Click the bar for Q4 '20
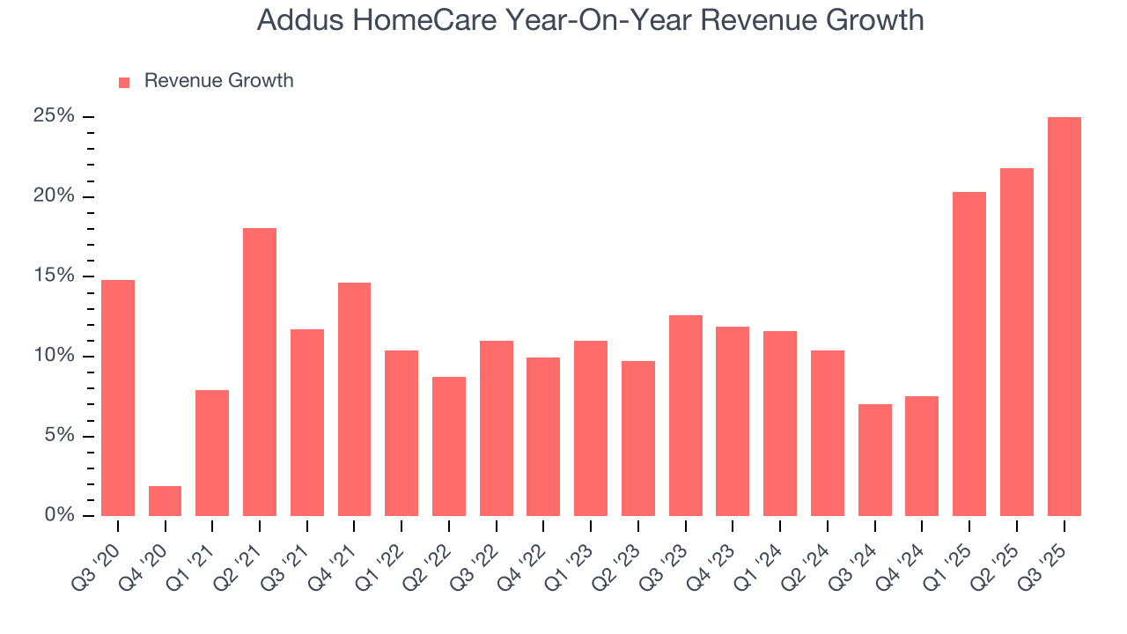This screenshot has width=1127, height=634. click(165, 501)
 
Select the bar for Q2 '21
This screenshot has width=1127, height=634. click(260, 372)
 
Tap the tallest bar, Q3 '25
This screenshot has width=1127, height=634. click(1064, 316)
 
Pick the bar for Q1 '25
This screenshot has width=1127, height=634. click(969, 354)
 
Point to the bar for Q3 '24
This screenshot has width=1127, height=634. click(874, 460)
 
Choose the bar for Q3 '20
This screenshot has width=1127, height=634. click(118, 398)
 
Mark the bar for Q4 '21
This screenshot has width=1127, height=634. click(354, 399)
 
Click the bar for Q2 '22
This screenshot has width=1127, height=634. click(449, 446)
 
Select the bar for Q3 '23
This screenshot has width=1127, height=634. click(686, 416)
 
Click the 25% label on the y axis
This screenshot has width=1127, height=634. click(53, 117)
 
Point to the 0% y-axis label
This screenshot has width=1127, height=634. click(58, 515)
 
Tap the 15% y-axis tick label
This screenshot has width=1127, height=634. click(53, 276)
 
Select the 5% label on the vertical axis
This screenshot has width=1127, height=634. click(58, 436)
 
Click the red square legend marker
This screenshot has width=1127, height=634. click(124, 82)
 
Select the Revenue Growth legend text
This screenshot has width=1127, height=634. click(218, 81)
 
